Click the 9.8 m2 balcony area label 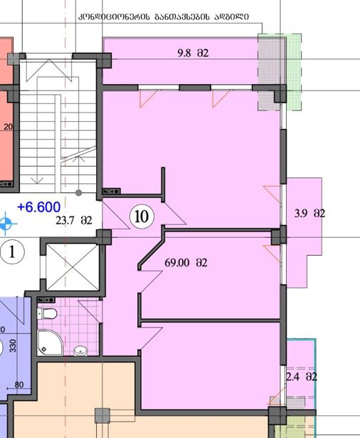point(193,53)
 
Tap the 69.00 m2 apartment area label point(186,263)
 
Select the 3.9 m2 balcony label point(309,214)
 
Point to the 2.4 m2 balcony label point(302,377)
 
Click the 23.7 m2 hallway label point(74,220)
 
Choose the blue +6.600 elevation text point(39,207)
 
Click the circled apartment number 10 point(142,217)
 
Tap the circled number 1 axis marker point(12,252)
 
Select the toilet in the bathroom point(47,313)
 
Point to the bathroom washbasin point(80,350)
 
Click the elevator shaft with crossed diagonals point(73,267)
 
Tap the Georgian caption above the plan point(164,17)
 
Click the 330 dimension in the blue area point(13,345)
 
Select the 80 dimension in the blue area point(19,385)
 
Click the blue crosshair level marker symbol point(6,224)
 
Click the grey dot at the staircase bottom point(79,192)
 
